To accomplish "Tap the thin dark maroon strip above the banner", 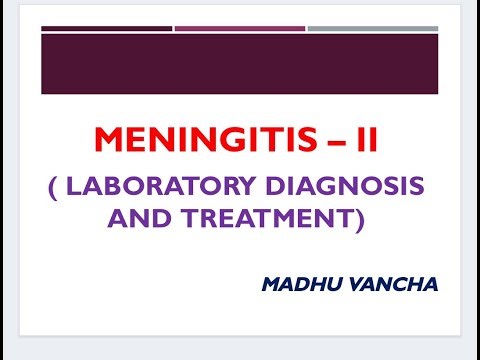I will tap(107, 28).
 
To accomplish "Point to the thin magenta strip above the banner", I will tap(239, 28).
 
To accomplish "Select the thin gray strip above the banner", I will tap(372, 28).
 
